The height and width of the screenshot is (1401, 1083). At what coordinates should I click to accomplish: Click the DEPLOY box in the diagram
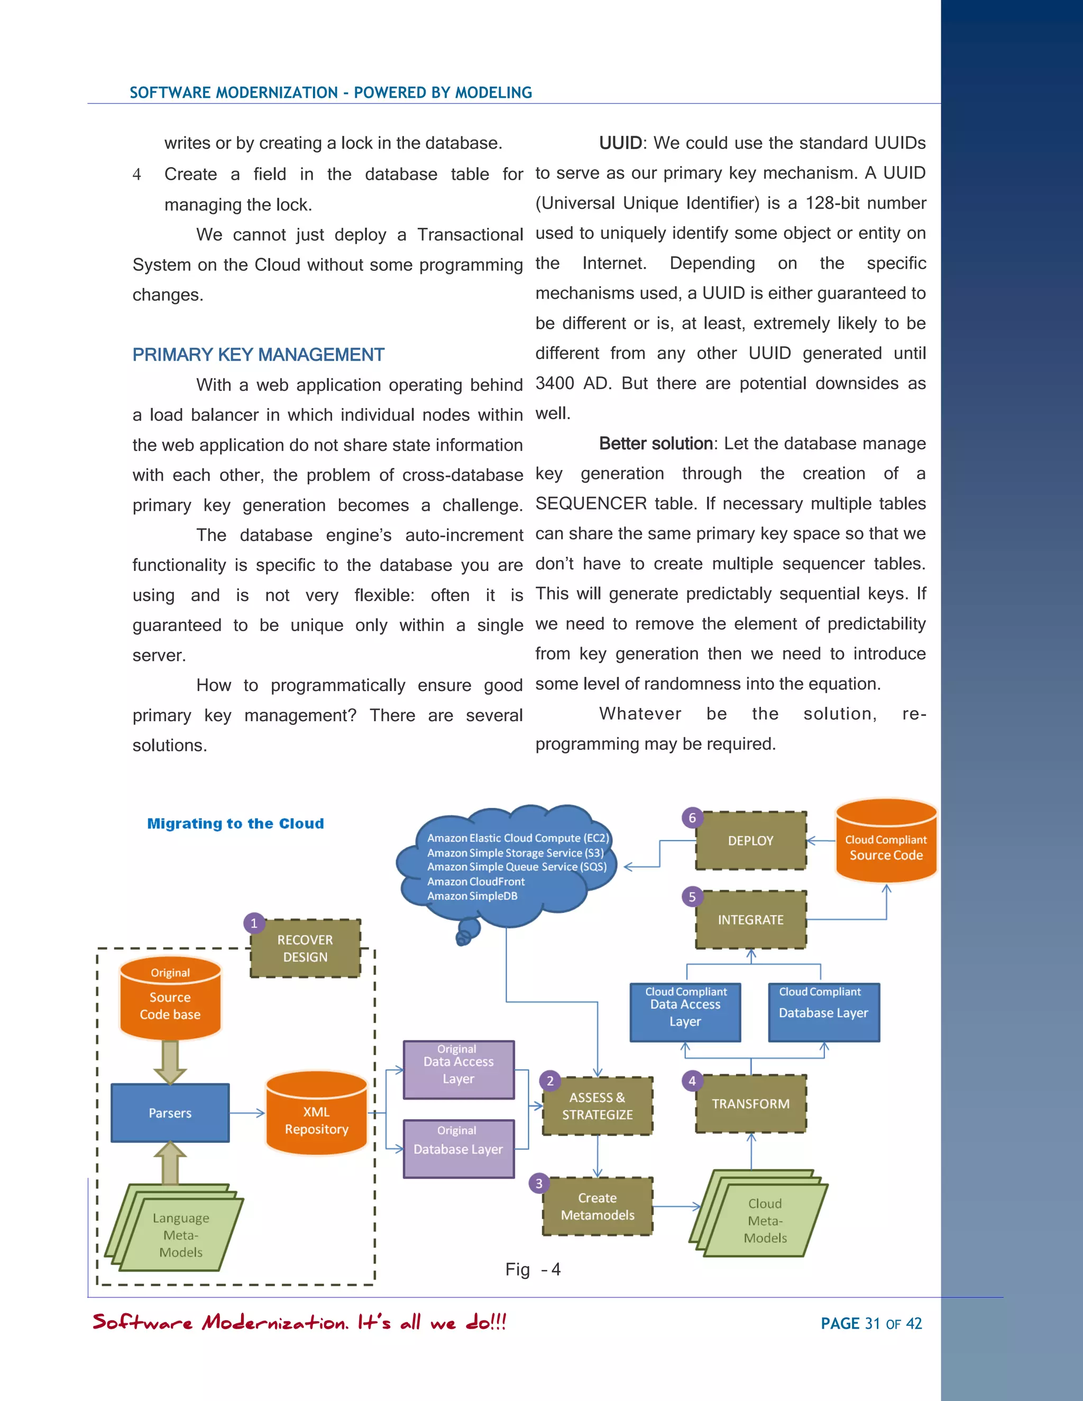point(751,841)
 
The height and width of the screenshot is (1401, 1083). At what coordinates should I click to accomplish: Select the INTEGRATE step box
point(751,919)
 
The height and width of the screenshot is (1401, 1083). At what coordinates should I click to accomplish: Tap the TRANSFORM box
point(751,1103)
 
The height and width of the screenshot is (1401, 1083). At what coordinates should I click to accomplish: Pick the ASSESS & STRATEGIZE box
point(598,1106)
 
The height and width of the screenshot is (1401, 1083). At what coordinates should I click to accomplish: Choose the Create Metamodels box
point(598,1206)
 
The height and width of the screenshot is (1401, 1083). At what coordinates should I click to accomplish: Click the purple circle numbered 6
point(692,817)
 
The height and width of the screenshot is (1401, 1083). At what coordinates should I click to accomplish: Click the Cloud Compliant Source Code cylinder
point(886,844)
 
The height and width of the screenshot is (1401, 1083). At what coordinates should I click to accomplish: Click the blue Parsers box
point(170,1113)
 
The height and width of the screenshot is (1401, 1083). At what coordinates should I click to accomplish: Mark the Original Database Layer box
point(458,1148)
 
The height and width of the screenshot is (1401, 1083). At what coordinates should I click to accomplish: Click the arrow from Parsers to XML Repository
point(247,1113)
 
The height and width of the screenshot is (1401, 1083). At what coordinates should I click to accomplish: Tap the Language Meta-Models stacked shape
point(177,1232)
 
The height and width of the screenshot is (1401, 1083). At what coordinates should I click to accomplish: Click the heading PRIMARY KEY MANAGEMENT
point(258,355)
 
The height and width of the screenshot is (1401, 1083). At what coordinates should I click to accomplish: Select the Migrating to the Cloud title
point(235,824)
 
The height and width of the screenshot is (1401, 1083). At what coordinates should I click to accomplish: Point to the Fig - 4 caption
point(533,1269)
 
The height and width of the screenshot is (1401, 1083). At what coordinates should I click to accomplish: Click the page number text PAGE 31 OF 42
point(870,1323)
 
